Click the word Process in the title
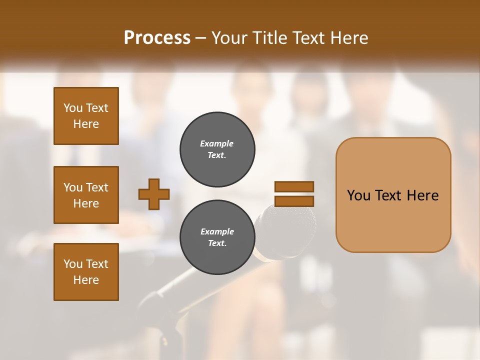(157, 38)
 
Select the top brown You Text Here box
(86, 116)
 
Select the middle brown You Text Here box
(86, 195)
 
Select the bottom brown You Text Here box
(86, 272)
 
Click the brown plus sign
(154, 194)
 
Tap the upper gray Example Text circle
(217, 149)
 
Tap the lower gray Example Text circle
(217, 237)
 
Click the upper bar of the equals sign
(294, 187)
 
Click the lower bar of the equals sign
(294, 201)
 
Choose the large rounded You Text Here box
(393, 195)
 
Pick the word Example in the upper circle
(216, 143)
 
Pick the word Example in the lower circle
(217, 231)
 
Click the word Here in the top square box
(86, 124)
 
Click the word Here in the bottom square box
(86, 280)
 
